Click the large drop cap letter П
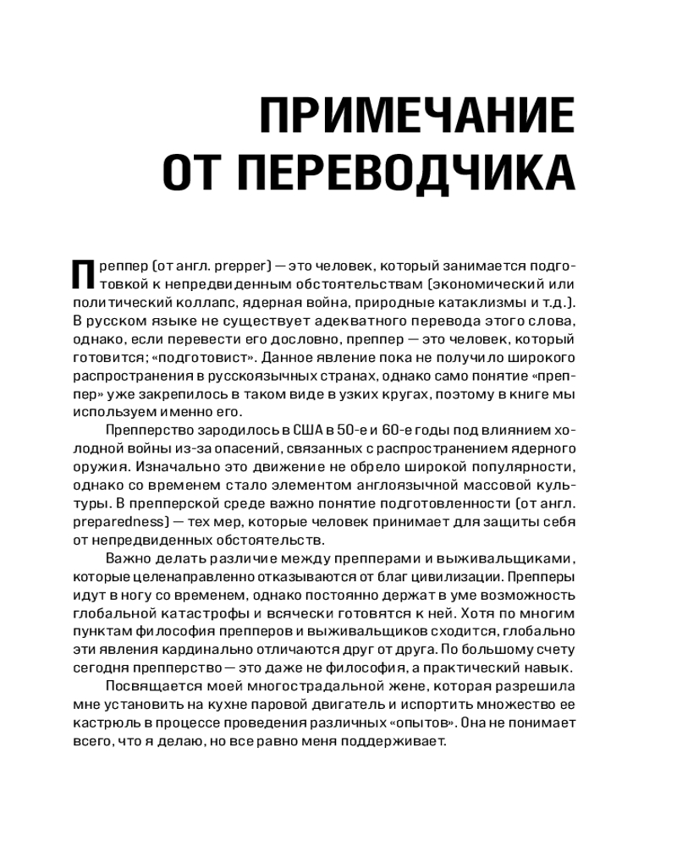click(x=82, y=275)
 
